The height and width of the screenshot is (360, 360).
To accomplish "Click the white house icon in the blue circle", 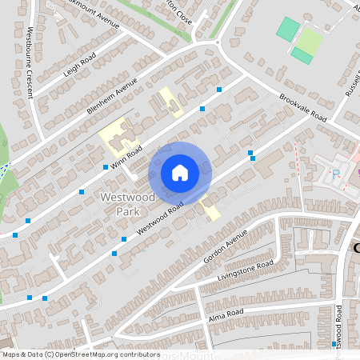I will [180, 172].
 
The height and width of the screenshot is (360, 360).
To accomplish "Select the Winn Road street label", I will [126, 155].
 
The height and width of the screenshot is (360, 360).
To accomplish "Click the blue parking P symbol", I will [335, 173].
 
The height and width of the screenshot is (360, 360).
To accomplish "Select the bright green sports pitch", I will [287, 30].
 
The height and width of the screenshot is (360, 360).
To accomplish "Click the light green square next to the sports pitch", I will [310, 41].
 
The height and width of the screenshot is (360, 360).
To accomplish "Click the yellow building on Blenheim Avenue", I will [170, 102].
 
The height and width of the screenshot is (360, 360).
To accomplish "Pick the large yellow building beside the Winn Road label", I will [115, 136].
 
